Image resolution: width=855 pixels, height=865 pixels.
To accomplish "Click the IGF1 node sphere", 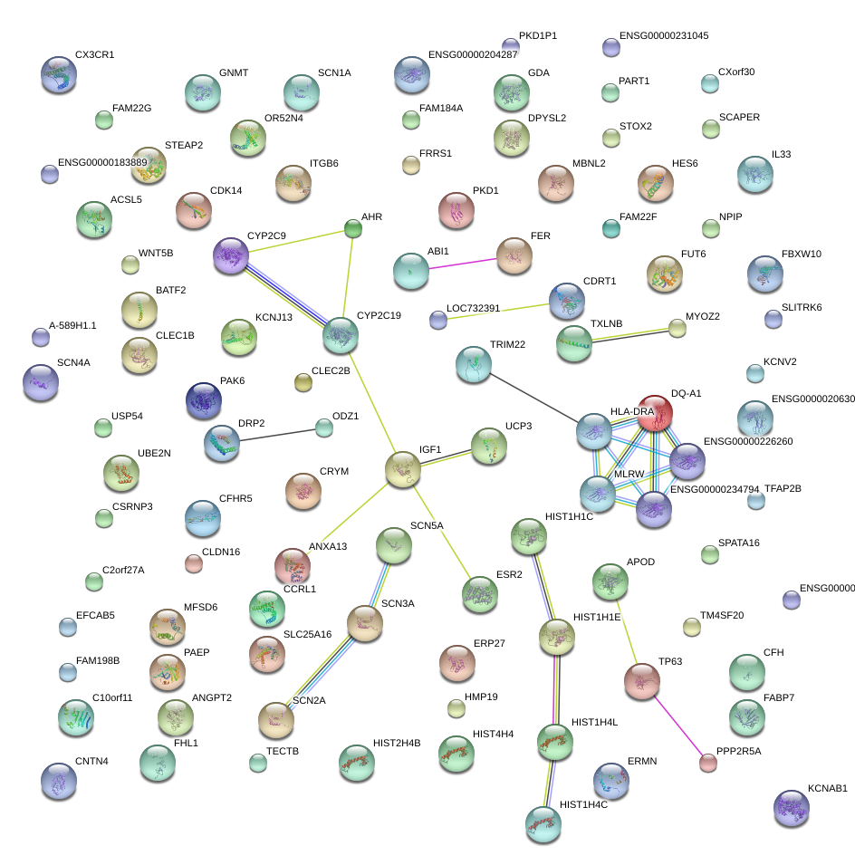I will pos(403,470).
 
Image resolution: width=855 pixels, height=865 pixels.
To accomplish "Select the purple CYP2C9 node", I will pos(231,257).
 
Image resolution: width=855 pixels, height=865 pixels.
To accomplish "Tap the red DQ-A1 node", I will pos(656,412).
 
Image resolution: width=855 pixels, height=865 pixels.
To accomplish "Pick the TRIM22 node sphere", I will pos(473,364).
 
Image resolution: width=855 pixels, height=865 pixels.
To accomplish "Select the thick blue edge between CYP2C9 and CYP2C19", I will pos(286,296).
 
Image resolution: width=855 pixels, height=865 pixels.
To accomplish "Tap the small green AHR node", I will pos(354,229).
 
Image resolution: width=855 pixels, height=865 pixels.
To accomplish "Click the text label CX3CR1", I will pos(94,54).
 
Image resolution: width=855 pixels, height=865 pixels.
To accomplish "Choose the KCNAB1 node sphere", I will pos(792,808).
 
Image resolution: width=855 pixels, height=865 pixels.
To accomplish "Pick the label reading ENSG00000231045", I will pos(664,36).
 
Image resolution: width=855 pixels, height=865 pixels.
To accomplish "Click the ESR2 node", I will pos(479,594).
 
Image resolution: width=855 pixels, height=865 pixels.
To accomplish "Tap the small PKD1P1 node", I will pos(510,45).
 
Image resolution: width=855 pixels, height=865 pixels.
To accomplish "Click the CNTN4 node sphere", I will pos(59,781).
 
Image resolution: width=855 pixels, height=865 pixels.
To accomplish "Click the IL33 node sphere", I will pos(754,174).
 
